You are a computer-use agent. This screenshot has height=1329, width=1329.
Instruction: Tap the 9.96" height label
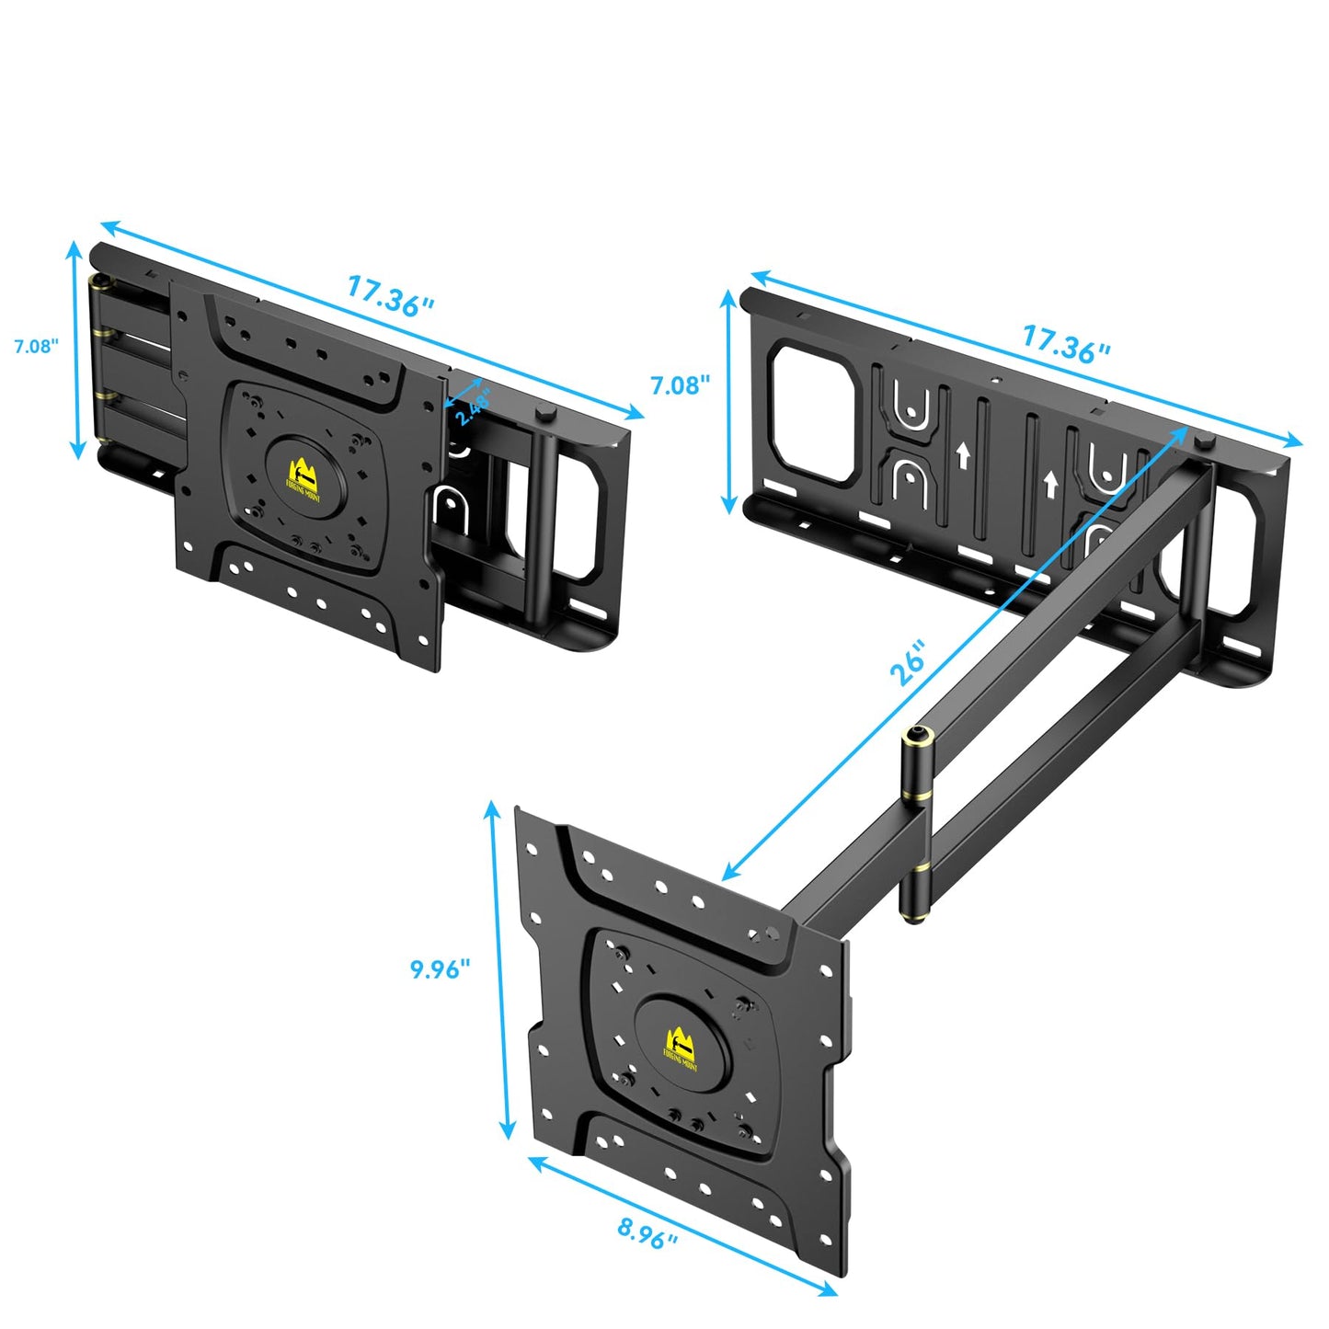click(440, 968)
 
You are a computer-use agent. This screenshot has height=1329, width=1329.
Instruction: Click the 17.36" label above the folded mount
click(390, 296)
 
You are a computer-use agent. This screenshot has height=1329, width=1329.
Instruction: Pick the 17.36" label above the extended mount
click(1066, 342)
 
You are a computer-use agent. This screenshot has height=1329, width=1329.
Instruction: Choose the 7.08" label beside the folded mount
click(36, 346)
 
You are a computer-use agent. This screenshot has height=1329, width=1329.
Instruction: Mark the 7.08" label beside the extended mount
click(681, 384)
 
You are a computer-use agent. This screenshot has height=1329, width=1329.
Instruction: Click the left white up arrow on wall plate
click(963, 454)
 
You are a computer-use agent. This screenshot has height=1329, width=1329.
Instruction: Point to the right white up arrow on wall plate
click(1049, 484)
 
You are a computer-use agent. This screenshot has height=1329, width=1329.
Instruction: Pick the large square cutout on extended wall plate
click(813, 410)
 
